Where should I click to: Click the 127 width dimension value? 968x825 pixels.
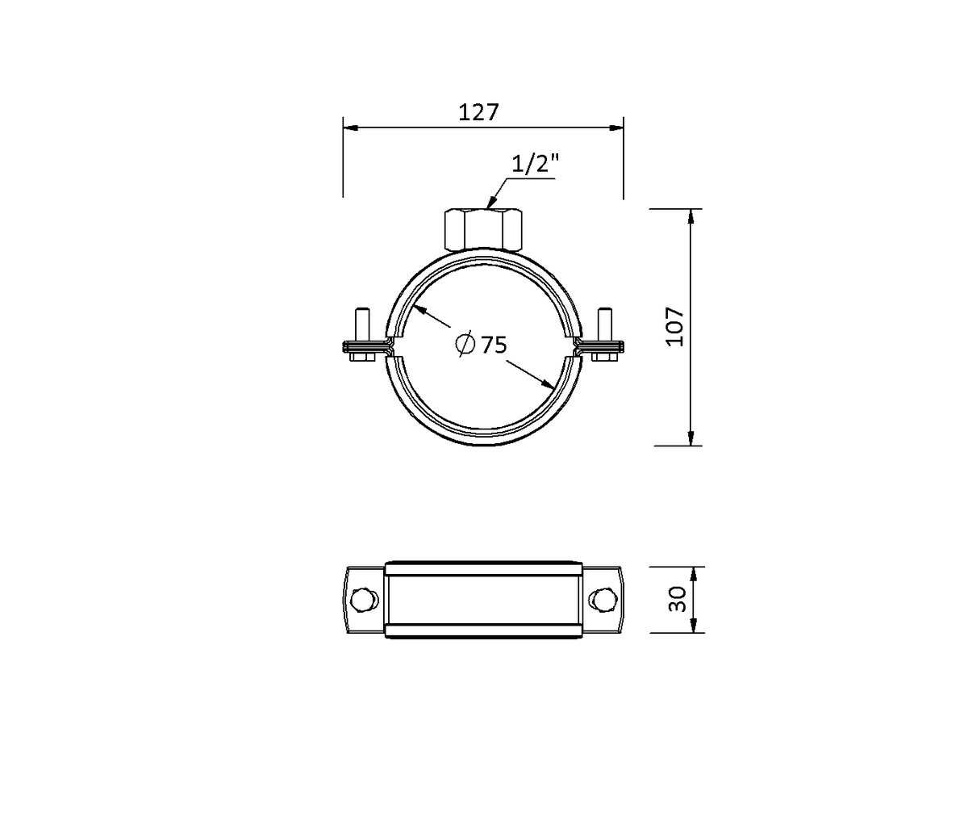pyautogui.click(x=478, y=112)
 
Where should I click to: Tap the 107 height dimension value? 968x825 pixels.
pyautogui.click(x=675, y=327)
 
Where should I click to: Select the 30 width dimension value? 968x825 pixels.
pyautogui.click(x=677, y=599)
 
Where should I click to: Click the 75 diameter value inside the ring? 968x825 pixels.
pyautogui.click(x=494, y=345)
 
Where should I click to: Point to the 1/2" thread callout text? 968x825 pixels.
pyautogui.click(x=536, y=164)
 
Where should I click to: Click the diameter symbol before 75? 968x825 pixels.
pyautogui.click(x=465, y=344)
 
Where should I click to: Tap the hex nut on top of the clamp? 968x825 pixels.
pyautogui.click(x=483, y=229)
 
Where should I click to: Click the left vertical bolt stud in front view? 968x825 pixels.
pyautogui.click(x=362, y=324)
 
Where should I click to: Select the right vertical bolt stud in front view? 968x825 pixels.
pyautogui.click(x=604, y=324)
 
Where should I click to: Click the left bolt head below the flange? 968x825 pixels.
pyautogui.click(x=361, y=357)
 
